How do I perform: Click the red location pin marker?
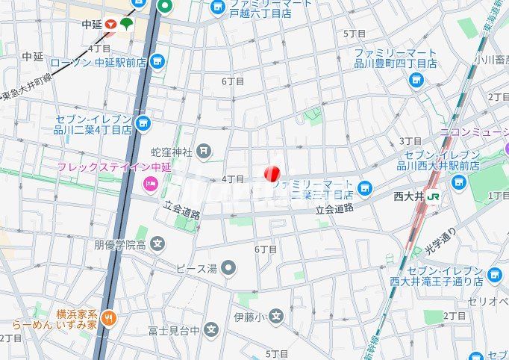tap(272, 173)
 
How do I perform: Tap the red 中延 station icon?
tap(110, 25)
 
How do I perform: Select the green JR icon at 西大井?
tap(433, 197)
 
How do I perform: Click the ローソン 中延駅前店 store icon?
tap(157, 61)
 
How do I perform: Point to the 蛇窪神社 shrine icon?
tap(204, 152)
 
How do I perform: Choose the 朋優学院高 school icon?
tap(157, 243)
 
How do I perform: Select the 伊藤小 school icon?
tap(277, 317)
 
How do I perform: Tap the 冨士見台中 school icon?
tap(212, 329)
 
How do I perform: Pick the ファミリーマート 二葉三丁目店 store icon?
tap(364, 187)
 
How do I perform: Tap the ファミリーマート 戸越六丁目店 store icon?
tap(218, 7)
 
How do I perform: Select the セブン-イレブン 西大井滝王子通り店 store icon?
tap(494, 276)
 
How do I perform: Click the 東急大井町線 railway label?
tap(28, 88)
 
